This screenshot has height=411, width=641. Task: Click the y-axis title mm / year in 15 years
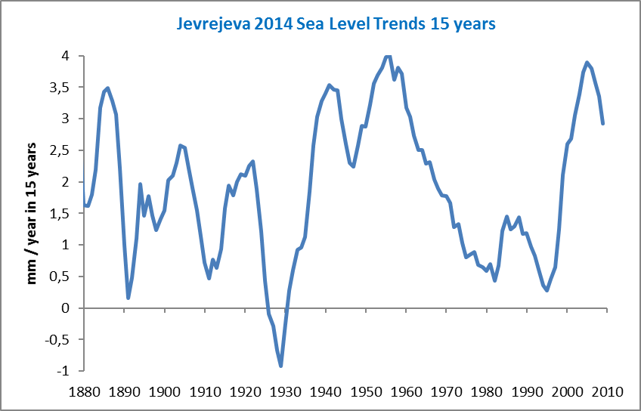coord(33,213)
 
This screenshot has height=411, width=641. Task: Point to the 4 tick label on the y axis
coord(67,56)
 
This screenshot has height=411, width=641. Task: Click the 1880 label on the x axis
coord(83,391)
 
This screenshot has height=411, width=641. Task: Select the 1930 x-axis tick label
coord(285,391)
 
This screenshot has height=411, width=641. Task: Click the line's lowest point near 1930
coord(281,366)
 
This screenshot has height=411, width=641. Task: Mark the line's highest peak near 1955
coord(388,56)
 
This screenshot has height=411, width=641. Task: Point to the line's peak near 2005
coord(587,62)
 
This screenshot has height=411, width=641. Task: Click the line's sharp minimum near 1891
coord(129,298)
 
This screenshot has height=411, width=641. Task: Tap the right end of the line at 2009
coord(602,124)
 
